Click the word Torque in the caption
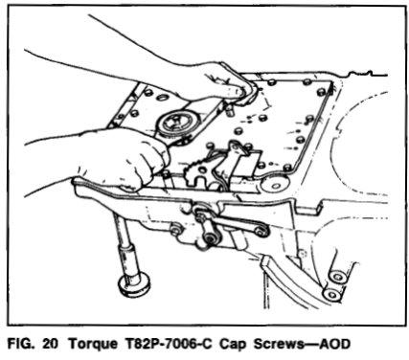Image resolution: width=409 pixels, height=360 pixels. pos(93,344)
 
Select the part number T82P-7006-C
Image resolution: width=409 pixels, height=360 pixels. pos(168,344)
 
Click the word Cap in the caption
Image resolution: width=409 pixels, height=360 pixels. pos(232,345)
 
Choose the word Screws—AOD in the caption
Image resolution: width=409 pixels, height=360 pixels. pos(301,344)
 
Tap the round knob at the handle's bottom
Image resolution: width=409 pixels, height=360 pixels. pos(134,284)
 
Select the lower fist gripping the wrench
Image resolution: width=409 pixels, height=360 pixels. pos(105,160)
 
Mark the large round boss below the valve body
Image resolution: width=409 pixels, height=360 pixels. pos(275,184)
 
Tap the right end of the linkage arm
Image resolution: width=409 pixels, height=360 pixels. pos(262,232)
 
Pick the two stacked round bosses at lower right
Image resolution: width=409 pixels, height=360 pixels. pos(333,284)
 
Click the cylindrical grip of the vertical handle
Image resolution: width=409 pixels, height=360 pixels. pos(129,259)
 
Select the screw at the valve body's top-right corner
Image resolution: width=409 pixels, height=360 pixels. pos(322,92)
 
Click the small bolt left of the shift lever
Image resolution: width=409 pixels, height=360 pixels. pos(174,228)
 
